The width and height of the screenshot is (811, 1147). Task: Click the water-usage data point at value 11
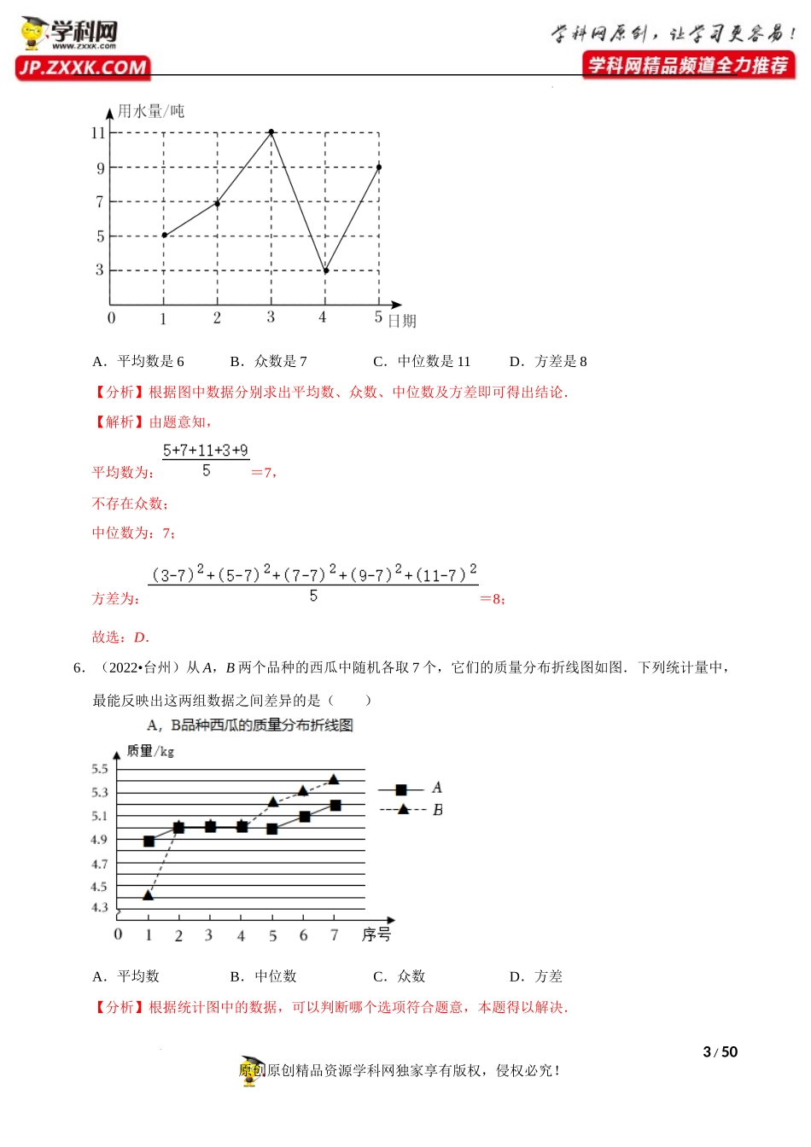click(x=271, y=132)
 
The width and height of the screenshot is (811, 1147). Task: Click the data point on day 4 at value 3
click(x=325, y=271)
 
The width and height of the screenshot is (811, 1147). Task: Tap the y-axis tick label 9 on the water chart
click(x=100, y=168)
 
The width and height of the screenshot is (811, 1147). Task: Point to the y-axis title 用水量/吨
click(x=151, y=111)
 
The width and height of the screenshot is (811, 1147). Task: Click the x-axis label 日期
click(x=402, y=321)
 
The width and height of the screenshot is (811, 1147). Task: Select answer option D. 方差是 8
click(x=548, y=361)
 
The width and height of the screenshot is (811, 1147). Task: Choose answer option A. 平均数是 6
click(x=138, y=361)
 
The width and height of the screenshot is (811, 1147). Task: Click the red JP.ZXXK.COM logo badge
click(x=83, y=67)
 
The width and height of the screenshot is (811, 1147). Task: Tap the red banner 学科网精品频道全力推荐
click(x=688, y=65)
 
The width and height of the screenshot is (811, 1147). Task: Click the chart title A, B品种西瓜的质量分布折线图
click(x=250, y=725)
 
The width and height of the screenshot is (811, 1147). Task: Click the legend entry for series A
click(x=410, y=789)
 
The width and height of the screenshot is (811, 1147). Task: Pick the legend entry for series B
click(x=411, y=809)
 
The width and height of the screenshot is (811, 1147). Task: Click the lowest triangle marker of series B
click(x=148, y=894)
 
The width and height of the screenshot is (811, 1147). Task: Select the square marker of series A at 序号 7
click(x=335, y=806)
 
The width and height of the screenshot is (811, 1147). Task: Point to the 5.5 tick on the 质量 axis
click(x=100, y=769)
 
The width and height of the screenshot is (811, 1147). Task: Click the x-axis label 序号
click(x=376, y=934)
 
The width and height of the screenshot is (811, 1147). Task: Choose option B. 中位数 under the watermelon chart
click(x=263, y=976)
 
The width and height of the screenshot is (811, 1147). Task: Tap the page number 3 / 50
click(x=720, y=1051)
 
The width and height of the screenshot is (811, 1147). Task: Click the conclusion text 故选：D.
click(x=120, y=637)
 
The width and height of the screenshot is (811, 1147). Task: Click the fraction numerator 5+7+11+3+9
click(x=206, y=451)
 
